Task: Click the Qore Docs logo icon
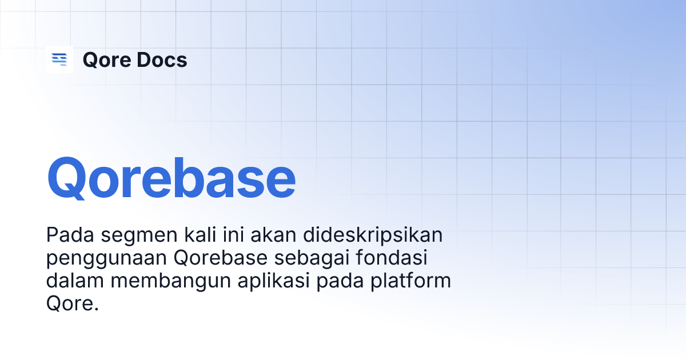point(59,59)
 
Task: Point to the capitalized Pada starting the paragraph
point(66,235)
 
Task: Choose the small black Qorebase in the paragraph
point(221,258)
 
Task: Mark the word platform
point(411,282)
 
